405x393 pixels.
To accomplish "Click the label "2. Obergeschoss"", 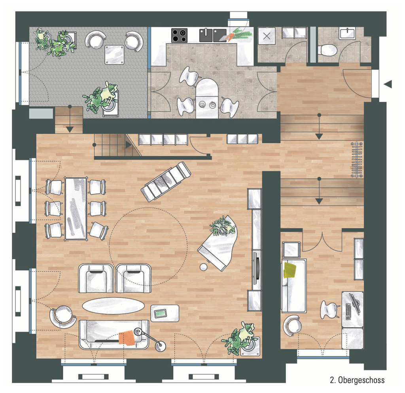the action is pos(357,380).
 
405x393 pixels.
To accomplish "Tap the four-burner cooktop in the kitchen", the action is pos(179,35).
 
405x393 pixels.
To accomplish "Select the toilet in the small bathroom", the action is pos(327,49).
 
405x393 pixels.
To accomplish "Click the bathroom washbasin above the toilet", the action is pos(348,34).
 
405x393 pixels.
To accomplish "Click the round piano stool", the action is pos(204,267).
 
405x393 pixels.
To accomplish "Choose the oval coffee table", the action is pos(113,306).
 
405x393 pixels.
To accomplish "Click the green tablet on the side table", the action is pos(161,313).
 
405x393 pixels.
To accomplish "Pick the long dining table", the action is pos(76,209).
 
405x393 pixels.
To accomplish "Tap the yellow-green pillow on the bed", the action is pos(290,270).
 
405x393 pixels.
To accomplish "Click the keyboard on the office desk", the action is pos(348,312).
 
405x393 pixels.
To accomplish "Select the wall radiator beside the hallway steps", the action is pos(357,159).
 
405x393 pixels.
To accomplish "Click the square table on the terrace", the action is pos(114,55).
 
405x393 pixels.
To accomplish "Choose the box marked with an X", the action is pos(267,36).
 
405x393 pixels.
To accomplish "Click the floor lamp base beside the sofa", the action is pos(161,346).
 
